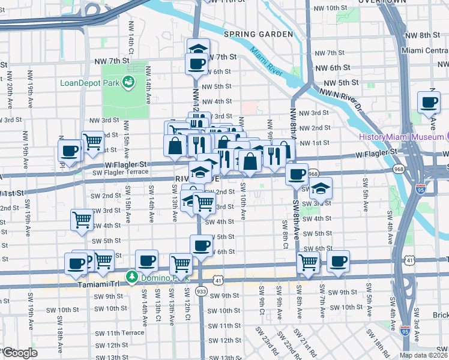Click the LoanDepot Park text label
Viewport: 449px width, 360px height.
point(89,82)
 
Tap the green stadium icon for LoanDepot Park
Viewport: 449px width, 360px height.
point(128,82)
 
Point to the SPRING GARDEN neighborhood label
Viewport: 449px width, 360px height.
point(258,34)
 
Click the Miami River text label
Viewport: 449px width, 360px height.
point(267,61)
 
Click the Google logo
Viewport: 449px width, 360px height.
point(19,353)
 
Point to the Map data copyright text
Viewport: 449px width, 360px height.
point(423,355)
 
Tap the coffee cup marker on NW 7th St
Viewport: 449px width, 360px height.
point(196,63)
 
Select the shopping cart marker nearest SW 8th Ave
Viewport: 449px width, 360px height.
point(308,262)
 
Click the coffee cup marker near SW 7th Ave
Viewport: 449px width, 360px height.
point(338,262)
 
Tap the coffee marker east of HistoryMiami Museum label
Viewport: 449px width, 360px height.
point(429,103)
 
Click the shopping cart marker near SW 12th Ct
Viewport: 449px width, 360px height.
point(181,263)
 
